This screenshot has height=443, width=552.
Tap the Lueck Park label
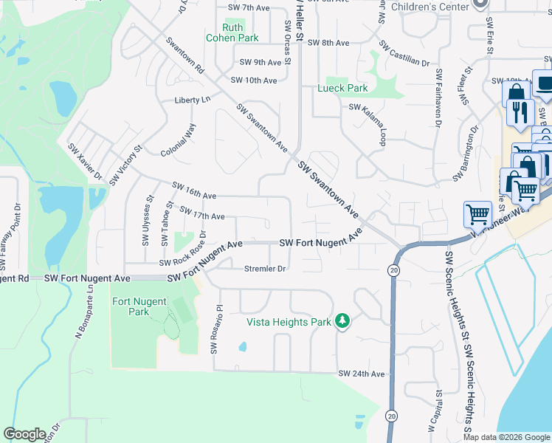pos(342,88)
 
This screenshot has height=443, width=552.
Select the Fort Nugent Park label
pos(139,306)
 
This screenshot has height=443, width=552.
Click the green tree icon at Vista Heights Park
pos(342,320)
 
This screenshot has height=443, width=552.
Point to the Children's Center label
pos(430,6)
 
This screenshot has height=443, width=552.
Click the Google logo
pos(24,434)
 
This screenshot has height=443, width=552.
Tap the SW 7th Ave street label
pos(246,7)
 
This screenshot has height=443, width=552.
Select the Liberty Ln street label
pos(193,99)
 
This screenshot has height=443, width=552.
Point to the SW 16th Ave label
pos(194,190)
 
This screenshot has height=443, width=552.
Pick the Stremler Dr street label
pos(265,269)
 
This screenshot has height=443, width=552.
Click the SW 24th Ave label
pos(362,374)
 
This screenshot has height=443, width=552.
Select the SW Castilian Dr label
pos(404,53)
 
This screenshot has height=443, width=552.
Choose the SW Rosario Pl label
pos(216,328)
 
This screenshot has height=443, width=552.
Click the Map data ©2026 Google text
pos(506,437)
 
